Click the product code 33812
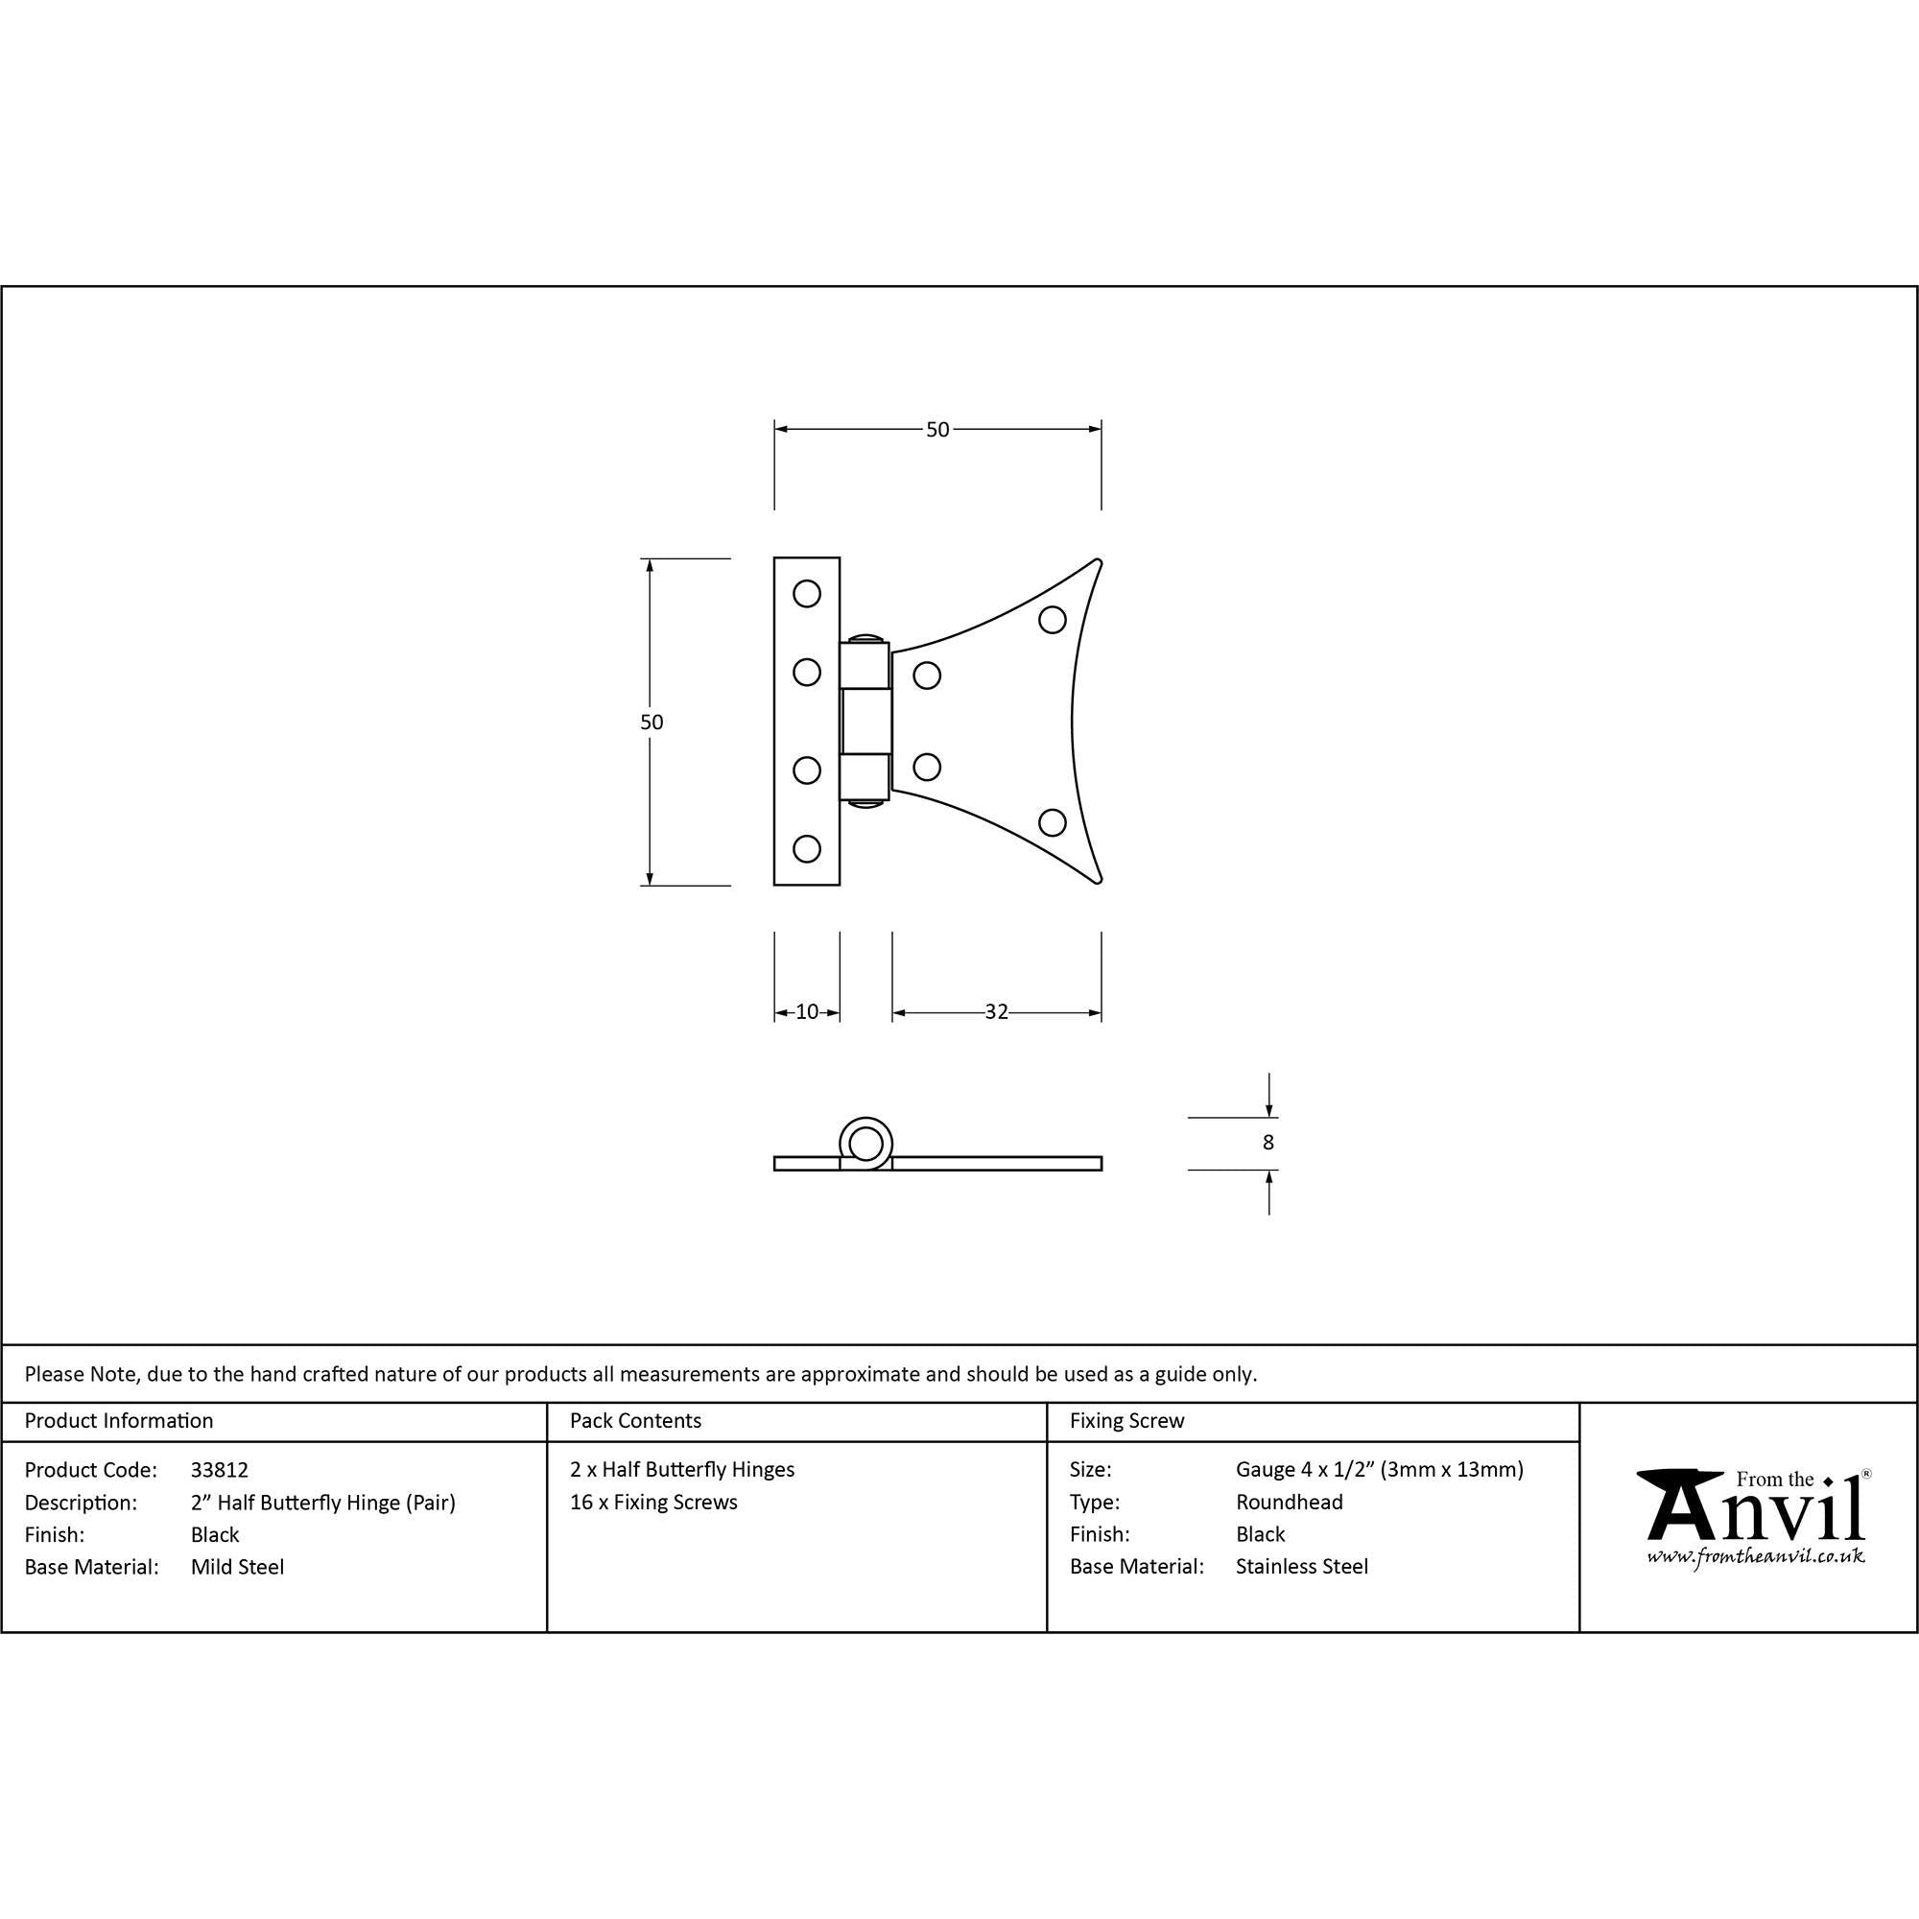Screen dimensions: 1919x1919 click(220, 1470)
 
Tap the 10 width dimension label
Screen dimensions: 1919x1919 click(807, 1012)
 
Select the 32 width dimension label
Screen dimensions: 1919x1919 click(996, 1012)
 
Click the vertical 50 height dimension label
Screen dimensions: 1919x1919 click(652, 723)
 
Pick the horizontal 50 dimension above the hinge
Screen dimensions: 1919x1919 click(937, 430)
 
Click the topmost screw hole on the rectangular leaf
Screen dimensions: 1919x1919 click(807, 594)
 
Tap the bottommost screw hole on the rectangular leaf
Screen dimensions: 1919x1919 click(807, 849)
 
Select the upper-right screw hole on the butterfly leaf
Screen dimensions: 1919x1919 click(1052, 620)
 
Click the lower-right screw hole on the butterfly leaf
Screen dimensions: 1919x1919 click(1052, 822)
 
